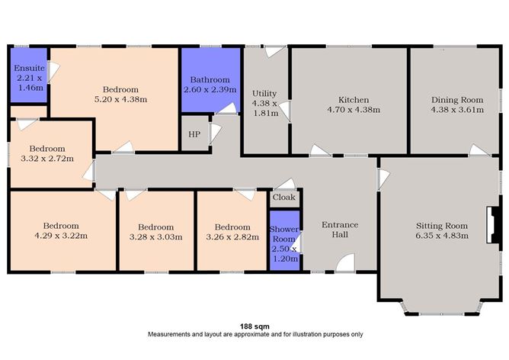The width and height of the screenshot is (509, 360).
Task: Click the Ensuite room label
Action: [29, 68]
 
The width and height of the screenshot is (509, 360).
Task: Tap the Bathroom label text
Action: [210, 79]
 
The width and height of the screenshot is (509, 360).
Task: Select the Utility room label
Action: [264, 94]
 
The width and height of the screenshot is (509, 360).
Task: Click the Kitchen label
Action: [354, 100]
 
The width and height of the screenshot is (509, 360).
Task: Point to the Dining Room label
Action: [457, 100]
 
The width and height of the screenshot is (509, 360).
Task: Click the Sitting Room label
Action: [441, 226]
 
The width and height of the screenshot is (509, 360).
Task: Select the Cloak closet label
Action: [284, 198]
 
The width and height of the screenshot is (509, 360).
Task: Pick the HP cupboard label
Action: [194, 134]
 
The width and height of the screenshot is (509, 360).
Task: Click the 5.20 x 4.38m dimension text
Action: [120, 99]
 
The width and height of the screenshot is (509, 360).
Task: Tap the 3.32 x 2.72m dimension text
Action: [47, 159]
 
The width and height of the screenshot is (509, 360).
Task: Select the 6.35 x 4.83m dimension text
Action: [441, 236]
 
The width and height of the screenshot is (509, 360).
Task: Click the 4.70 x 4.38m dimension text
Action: [354, 110]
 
